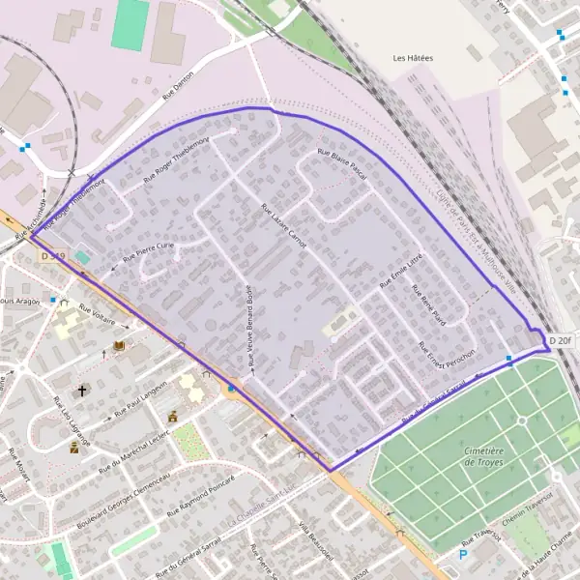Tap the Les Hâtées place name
click(x=413, y=59)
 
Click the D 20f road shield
click(x=561, y=340)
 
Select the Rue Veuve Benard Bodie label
click(x=249, y=324)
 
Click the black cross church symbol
click(x=82, y=391)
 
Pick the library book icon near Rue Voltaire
click(x=120, y=346)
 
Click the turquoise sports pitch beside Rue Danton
click(x=130, y=24)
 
